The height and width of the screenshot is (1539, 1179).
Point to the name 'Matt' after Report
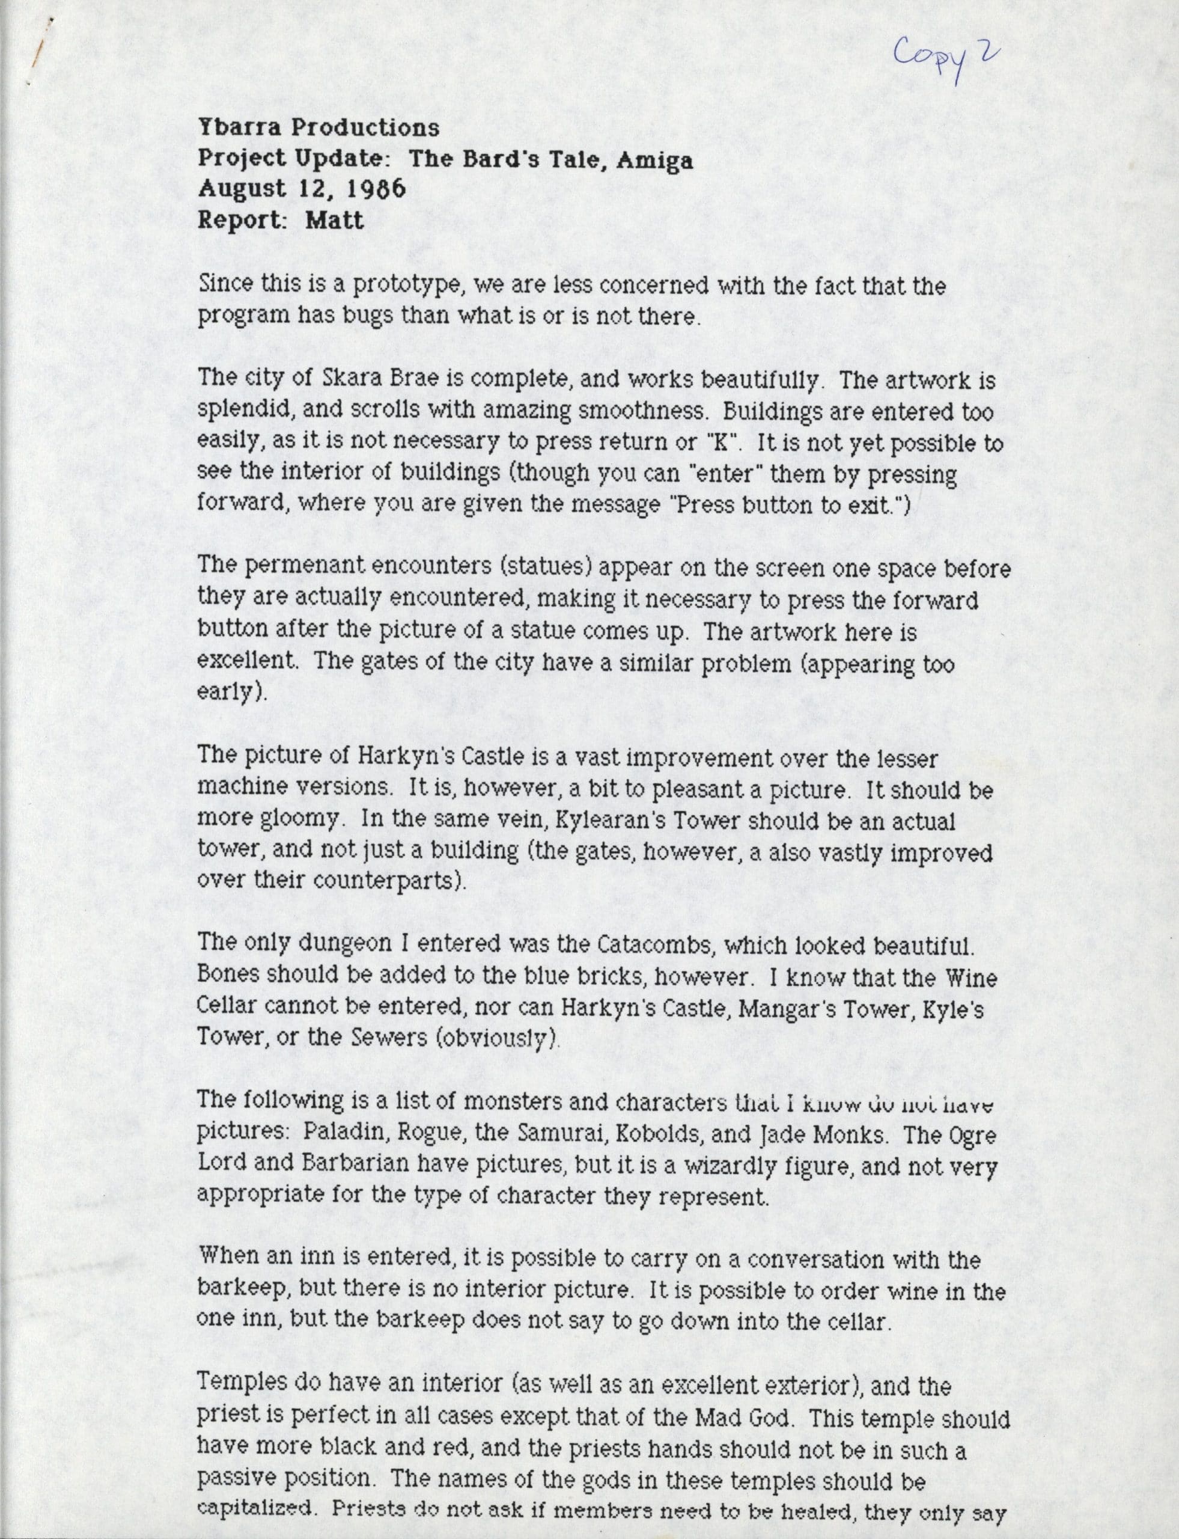pyautogui.click(x=335, y=221)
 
